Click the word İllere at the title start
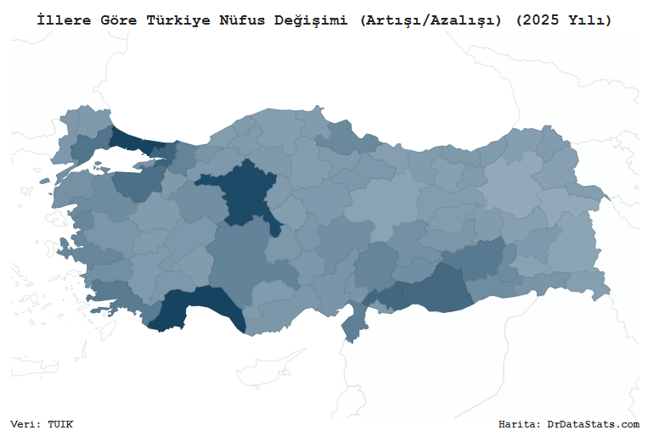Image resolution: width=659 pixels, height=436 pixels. tap(59, 20)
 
